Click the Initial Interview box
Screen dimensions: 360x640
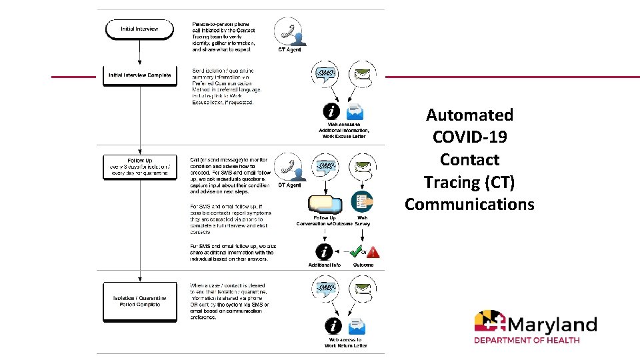[x=139, y=29]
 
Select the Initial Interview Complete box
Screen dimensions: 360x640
[x=139, y=75]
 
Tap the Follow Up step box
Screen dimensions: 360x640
[x=139, y=167]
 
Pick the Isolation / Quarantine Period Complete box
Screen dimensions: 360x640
[x=139, y=301]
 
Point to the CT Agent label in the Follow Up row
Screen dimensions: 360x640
[x=289, y=186]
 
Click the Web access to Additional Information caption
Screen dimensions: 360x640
[x=345, y=130]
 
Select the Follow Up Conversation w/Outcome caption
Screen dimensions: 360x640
[x=325, y=221]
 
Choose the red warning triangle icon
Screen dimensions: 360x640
[x=373, y=252]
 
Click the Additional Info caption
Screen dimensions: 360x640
[x=324, y=265]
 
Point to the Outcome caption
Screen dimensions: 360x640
[x=363, y=265]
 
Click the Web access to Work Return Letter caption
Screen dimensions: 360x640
[x=345, y=343]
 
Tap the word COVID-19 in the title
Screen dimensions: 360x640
[x=469, y=137]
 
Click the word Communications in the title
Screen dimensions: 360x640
[x=469, y=204]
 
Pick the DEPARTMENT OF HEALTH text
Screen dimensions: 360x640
[x=527, y=340]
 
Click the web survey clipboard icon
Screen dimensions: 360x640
[x=363, y=201]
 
